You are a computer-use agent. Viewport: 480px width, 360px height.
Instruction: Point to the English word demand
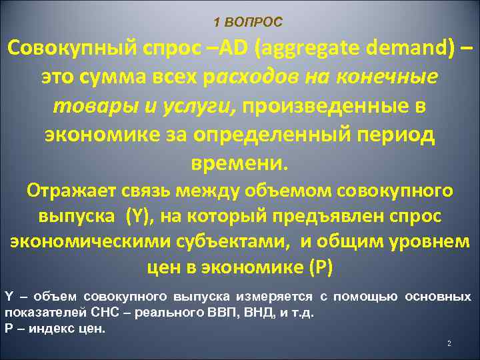413,49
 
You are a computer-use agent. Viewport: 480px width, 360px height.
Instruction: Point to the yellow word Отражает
71,191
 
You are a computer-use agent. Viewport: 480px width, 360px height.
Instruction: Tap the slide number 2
449,343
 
